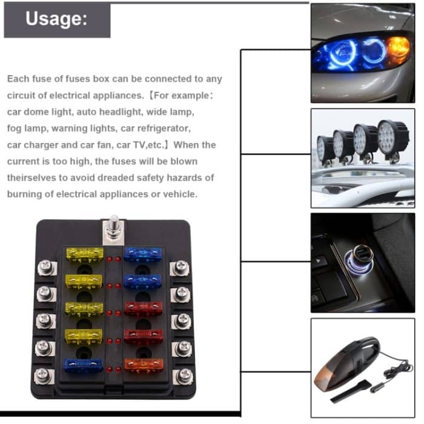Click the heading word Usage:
56,19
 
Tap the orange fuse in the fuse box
144,365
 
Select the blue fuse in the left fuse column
83,365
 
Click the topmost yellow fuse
84,254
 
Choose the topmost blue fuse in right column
144,254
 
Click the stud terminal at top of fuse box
113,228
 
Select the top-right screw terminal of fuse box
181,267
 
